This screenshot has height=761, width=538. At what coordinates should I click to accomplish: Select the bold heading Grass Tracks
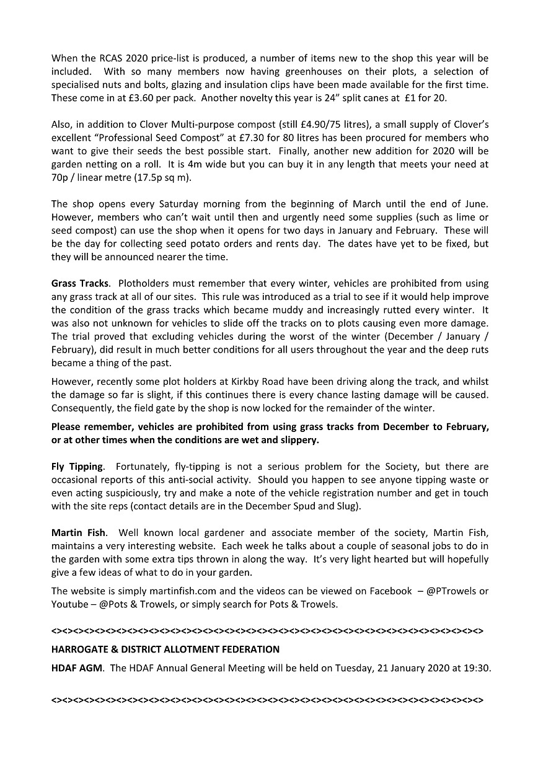point(80,283)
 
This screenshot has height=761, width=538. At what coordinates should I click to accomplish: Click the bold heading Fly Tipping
point(76,467)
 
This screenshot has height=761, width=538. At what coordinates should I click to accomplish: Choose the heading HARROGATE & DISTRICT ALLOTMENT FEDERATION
point(165,649)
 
